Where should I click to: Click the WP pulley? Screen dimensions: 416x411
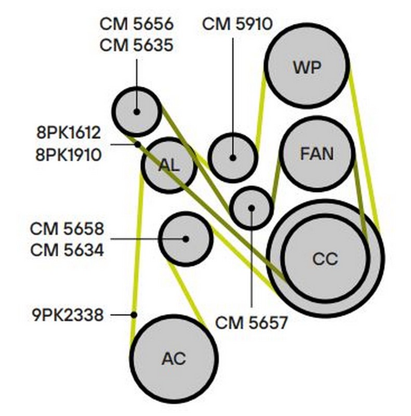tap(307, 66)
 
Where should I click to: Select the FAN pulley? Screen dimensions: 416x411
tap(317, 153)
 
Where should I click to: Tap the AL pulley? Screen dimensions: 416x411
tap(169, 165)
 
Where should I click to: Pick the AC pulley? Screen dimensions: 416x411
tap(174, 358)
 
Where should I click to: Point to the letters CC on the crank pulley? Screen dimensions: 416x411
tap(325, 258)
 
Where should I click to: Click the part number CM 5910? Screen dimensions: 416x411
tap(237, 23)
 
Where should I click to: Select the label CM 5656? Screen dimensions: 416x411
tap(137, 23)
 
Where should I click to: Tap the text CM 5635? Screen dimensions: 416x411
tap(137, 45)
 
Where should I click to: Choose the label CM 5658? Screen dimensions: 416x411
tap(67, 228)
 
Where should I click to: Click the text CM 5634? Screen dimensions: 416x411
tap(67, 250)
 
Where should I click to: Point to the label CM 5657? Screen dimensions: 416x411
tap(251, 323)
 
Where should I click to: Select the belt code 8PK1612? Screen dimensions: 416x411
tap(68, 133)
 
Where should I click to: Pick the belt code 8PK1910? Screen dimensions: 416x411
tap(68, 154)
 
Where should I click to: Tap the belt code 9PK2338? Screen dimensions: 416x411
tap(68, 314)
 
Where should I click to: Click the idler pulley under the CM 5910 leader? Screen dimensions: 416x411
tap(233, 157)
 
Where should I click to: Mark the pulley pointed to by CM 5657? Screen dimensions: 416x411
tap(251, 208)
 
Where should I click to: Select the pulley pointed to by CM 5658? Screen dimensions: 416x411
tap(185, 239)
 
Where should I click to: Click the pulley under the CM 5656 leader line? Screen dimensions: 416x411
tap(137, 111)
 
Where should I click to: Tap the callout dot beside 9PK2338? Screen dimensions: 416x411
tap(134, 314)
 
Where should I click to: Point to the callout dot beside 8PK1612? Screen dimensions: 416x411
tap(138, 144)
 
